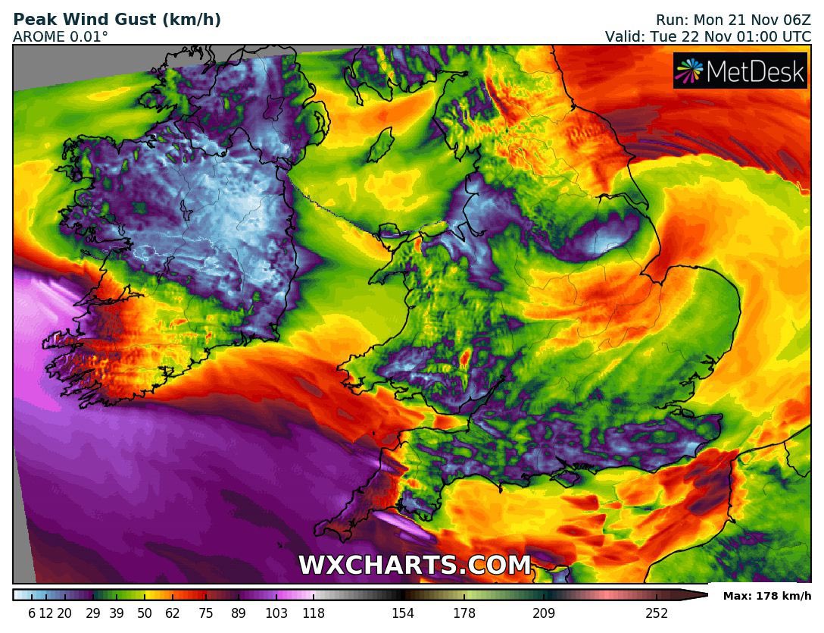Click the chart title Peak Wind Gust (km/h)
117,20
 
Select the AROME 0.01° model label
60,36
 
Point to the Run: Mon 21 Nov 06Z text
732,20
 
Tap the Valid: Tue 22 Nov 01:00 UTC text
707,36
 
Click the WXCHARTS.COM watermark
414,566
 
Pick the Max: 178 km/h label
766,596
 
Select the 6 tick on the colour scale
32,613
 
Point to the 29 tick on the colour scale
93,613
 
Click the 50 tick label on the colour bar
145,613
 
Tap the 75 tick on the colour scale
206,613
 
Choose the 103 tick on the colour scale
277,613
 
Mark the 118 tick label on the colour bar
313,613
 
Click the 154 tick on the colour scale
402,613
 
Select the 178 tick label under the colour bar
463,613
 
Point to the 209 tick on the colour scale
543,613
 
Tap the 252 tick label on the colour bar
656,613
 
